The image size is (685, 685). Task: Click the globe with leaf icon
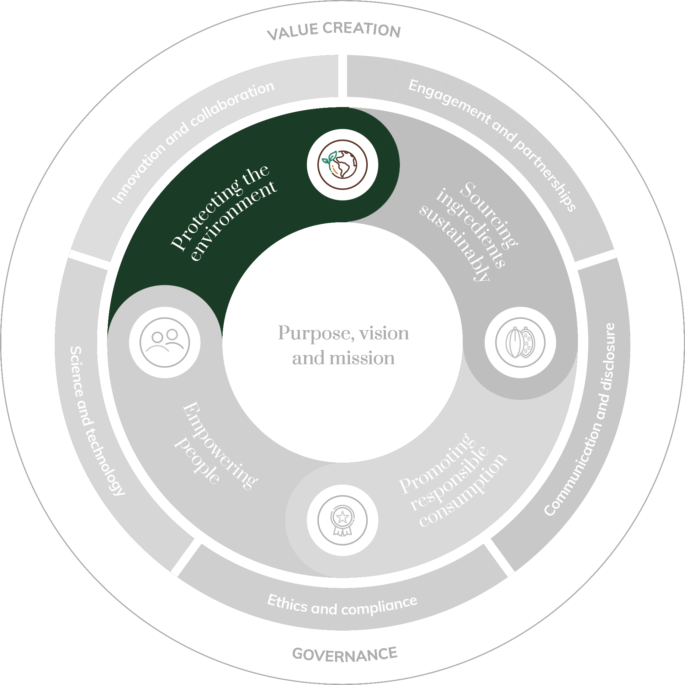pyautogui.click(x=342, y=165)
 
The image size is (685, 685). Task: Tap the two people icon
pyautogui.click(x=165, y=342)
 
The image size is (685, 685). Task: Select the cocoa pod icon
pyautogui.click(x=520, y=342)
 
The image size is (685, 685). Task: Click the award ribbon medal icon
pyautogui.click(x=342, y=520)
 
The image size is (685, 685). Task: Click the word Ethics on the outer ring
pyautogui.click(x=287, y=604)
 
